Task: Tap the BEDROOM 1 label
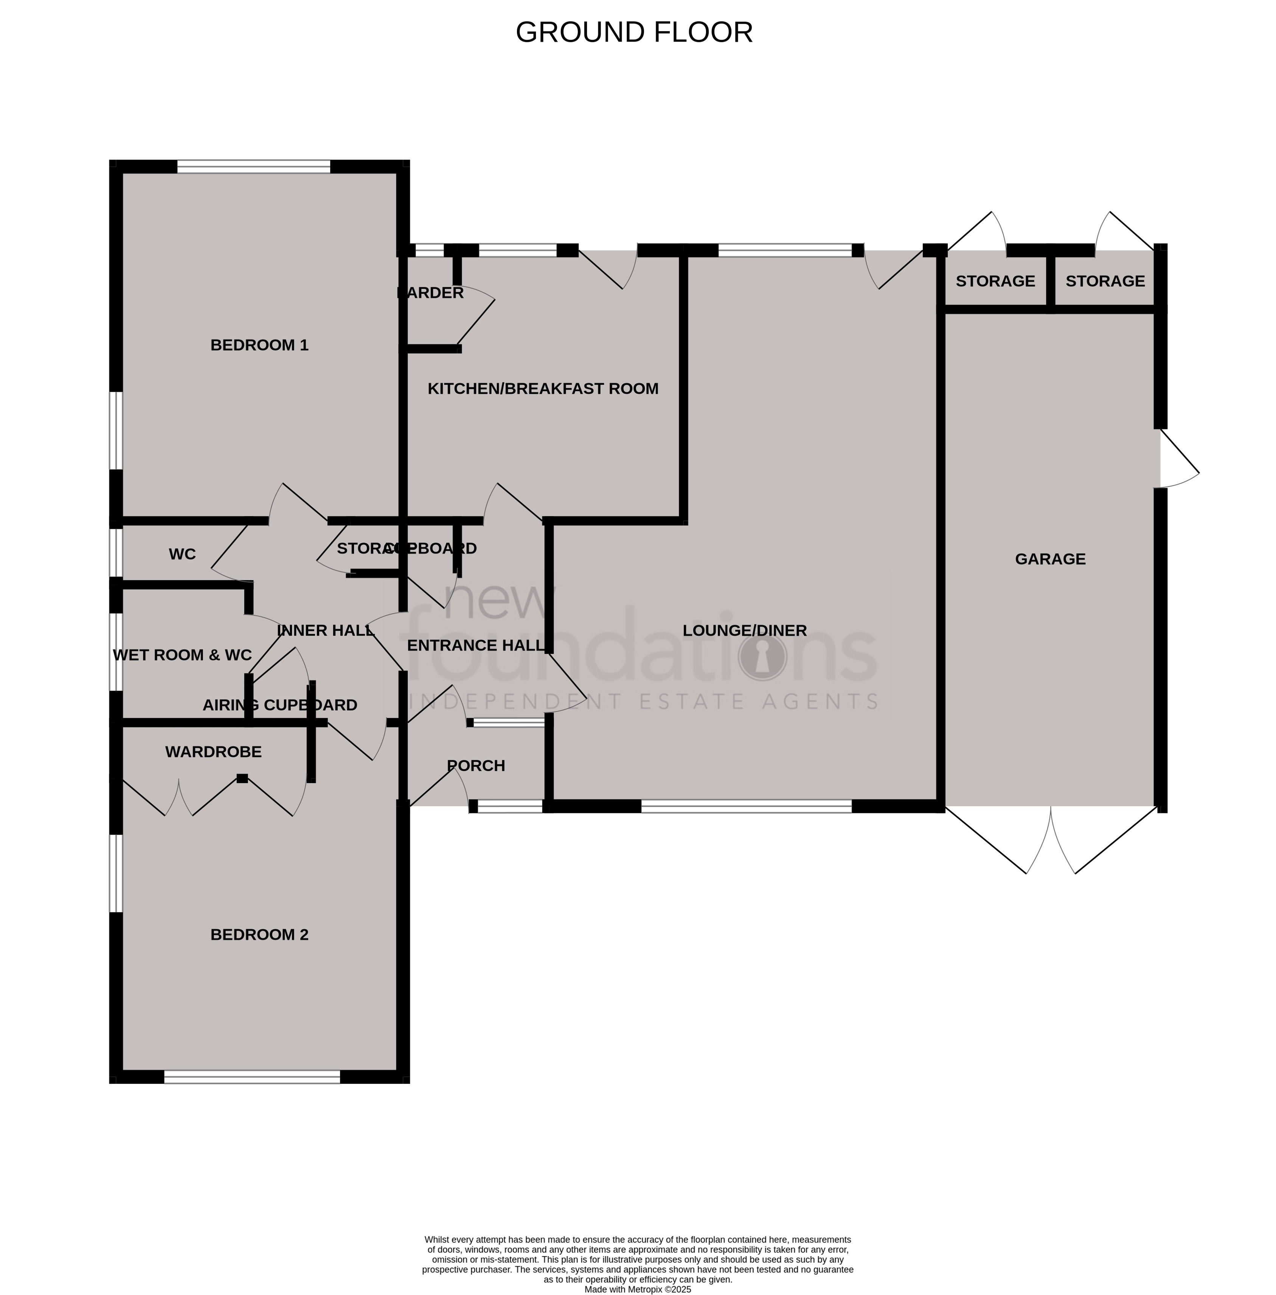259,345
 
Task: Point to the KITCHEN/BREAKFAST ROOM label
543,389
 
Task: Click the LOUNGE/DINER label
745,631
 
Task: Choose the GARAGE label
1050,559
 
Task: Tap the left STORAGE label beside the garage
995,281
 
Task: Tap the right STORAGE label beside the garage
1105,281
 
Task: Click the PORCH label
476,765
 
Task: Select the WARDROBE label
213,752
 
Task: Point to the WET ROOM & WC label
182,655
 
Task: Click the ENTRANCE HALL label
476,645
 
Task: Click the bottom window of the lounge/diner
746,806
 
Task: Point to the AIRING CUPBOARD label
280,705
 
